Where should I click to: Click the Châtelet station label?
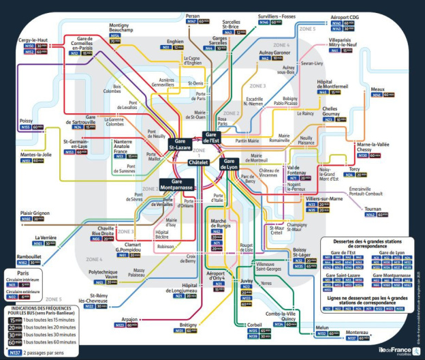click(202, 163)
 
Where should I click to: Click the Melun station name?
click(322, 329)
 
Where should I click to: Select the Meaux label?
click(377, 89)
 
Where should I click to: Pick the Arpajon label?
click(129, 318)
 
